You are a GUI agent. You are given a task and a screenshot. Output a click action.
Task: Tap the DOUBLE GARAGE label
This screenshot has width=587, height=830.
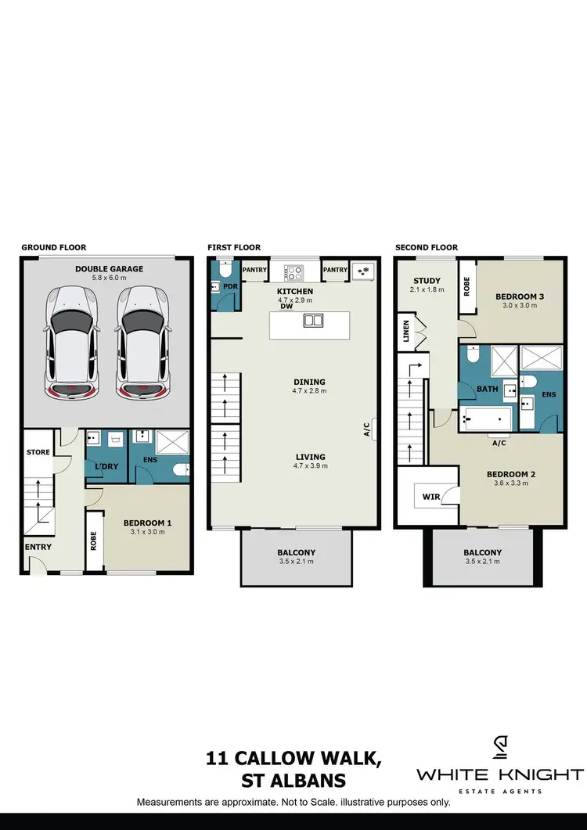tap(109, 269)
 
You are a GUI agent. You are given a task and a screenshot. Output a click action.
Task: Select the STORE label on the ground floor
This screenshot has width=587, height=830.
tap(38, 452)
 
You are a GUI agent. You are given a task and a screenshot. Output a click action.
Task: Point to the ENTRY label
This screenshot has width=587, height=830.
tap(38, 547)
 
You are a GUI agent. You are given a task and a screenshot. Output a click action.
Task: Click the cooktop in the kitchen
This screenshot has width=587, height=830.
tap(294, 273)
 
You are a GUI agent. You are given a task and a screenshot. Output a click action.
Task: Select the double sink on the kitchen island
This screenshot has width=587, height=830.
tap(313, 320)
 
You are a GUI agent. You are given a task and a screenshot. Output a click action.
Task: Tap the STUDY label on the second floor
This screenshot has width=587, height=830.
tap(427, 280)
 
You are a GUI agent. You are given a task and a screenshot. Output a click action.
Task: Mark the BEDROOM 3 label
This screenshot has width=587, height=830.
tap(519, 297)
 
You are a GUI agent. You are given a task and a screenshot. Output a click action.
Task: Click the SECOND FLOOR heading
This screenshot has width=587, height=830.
tap(427, 247)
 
